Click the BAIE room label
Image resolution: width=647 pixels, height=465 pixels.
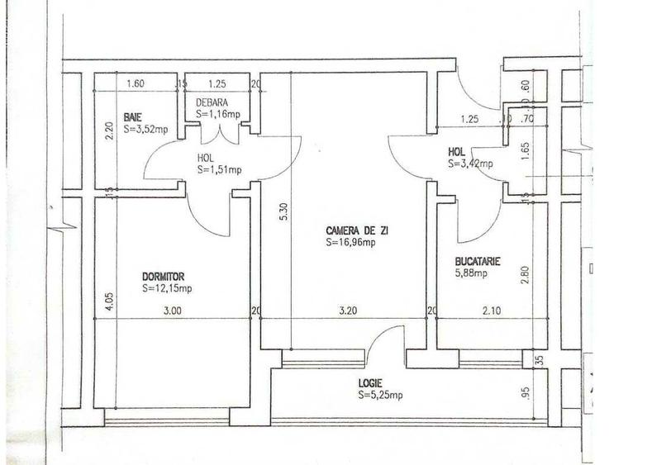(133, 116)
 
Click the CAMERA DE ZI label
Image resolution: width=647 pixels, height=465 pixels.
(350, 230)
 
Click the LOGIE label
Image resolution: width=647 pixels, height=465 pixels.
(370, 383)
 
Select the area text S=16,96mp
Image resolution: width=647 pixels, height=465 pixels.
(350, 243)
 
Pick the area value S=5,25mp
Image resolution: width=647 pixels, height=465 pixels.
(380, 396)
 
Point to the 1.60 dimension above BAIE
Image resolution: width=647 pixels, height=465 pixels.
(136, 83)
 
